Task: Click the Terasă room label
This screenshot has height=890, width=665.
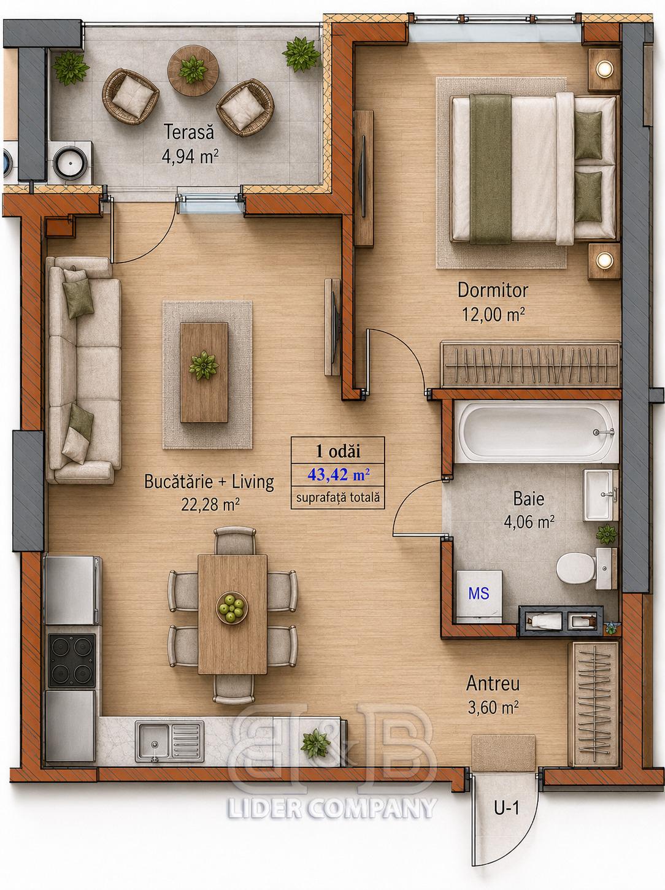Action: [188, 132]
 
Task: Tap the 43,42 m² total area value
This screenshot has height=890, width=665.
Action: [338, 474]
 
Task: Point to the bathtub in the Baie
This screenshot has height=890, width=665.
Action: [536, 432]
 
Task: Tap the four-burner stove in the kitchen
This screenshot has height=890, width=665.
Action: [71, 661]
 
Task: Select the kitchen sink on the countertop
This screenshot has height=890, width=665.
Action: [169, 741]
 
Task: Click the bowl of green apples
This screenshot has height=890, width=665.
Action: [231, 607]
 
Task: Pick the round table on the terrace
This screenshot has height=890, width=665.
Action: [193, 71]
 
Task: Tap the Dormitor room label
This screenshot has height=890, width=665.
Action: [493, 290]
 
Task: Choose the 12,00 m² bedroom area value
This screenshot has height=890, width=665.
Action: [493, 315]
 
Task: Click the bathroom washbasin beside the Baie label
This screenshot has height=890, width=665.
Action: [601, 496]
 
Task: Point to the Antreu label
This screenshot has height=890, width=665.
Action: [493, 684]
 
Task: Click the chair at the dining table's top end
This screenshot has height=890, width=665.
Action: [235, 540]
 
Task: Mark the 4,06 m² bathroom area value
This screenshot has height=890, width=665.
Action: [529, 522]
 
